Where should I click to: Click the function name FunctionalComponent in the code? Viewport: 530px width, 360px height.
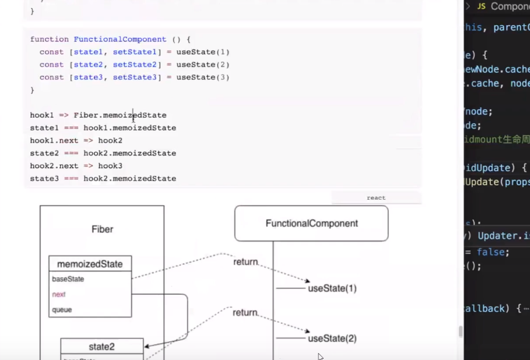click(120, 39)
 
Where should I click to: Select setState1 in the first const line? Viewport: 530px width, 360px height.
click(135, 52)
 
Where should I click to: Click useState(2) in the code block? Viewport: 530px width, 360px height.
click(203, 65)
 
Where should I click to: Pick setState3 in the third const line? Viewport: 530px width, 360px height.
click(135, 77)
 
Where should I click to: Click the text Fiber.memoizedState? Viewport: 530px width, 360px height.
click(120, 116)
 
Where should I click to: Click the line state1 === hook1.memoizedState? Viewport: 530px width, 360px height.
click(103, 128)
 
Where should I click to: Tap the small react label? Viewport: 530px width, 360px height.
click(376, 198)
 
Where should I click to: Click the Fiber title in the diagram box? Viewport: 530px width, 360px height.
click(102, 229)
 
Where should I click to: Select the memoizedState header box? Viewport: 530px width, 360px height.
click(90, 264)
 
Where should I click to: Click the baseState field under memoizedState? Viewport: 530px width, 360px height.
click(68, 279)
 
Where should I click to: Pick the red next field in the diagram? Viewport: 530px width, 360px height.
click(59, 295)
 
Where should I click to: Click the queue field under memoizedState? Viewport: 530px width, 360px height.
click(62, 310)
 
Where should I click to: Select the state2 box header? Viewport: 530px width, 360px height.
click(101, 347)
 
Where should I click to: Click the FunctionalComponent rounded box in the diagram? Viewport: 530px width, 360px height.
click(311, 223)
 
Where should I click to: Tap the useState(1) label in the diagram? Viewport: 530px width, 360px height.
click(332, 288)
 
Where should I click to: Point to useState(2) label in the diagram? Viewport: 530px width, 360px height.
click(332, 338)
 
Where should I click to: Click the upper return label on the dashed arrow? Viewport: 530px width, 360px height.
click(245, 262)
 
